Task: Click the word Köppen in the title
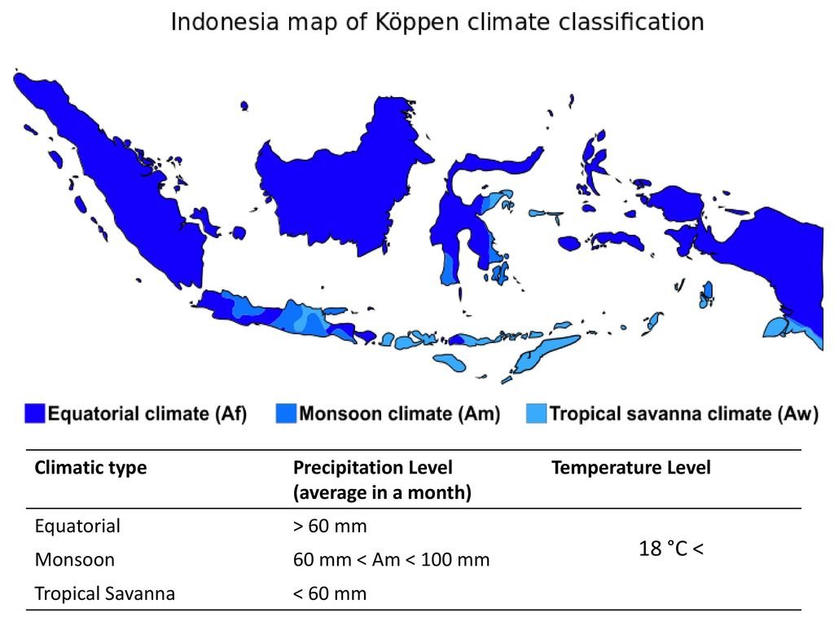pos(417,23)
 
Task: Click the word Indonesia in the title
pos(225,22)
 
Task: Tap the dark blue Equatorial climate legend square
pos(34,413)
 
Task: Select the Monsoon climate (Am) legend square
pos(286,413)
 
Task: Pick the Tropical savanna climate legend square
pos(536,413)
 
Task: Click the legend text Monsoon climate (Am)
pos(399,413)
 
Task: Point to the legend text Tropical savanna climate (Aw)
pos(684,413)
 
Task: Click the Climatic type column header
pos(90,468)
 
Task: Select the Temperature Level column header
pos(631,467)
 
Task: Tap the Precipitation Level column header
pos(382,479)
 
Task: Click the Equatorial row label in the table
pos(77,527)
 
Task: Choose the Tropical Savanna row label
pos(105,593)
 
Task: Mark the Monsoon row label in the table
pos(74,560)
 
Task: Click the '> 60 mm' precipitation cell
pos(330,526)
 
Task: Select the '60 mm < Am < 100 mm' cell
pos(391,560)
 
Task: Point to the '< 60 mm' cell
pos(330,593)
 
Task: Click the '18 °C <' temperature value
pos(671,549)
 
